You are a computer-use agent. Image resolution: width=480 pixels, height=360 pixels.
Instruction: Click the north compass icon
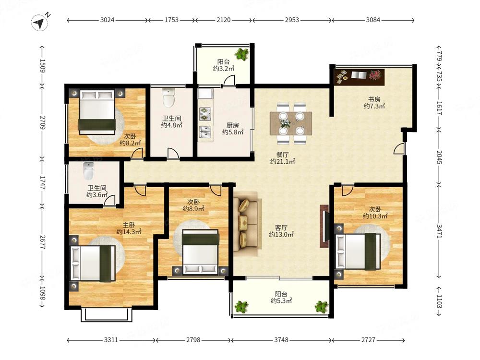tap(40, 23)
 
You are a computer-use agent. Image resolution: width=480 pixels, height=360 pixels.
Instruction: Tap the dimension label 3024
tap(107, 20)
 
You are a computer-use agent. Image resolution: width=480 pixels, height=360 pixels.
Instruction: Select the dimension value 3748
tap(281, 340)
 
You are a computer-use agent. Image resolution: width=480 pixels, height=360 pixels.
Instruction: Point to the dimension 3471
tap(439, 231)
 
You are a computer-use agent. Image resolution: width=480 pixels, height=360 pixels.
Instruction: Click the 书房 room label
tap(374, 99)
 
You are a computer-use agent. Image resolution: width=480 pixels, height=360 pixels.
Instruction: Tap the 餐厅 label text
tap(282, 155)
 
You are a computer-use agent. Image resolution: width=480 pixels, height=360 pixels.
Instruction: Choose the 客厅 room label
tap(281, 228)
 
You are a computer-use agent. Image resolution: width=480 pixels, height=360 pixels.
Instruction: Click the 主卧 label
tap(129, 225)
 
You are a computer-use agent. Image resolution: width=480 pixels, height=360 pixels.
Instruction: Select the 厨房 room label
tap(233, 125)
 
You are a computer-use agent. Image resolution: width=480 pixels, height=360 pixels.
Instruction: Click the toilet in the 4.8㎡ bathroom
tap(168, 97)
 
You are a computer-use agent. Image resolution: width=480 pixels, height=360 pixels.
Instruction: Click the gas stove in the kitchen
tap(205, 114)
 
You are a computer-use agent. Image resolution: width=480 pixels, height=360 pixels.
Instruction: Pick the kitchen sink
tap(205, 132)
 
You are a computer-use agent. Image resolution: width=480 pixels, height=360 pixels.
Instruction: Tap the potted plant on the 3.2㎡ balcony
tap(242, 54)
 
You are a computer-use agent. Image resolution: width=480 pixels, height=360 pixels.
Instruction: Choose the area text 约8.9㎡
tap(193, 209)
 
